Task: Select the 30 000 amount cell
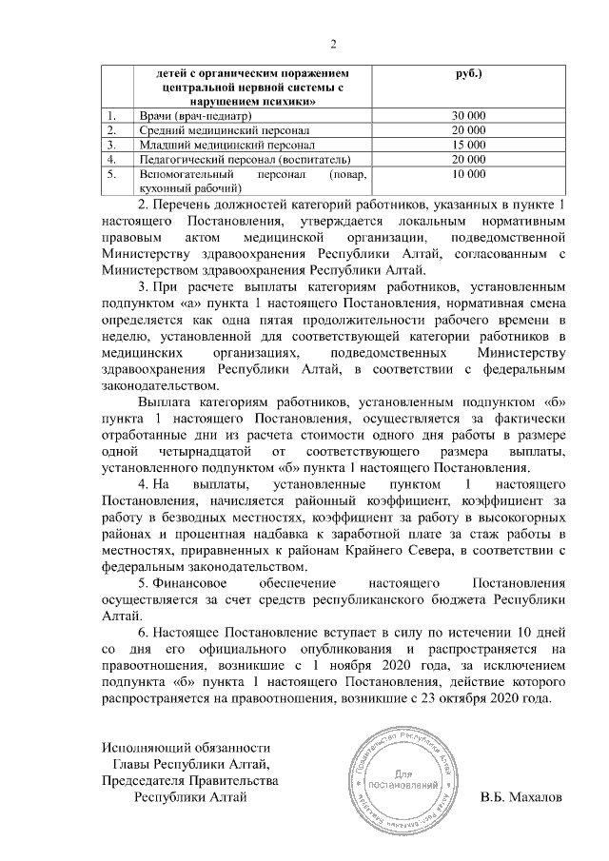(x=469, y=115)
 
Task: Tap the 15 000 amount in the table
(x=469, y=145)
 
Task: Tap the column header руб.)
(x=469, y=72)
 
